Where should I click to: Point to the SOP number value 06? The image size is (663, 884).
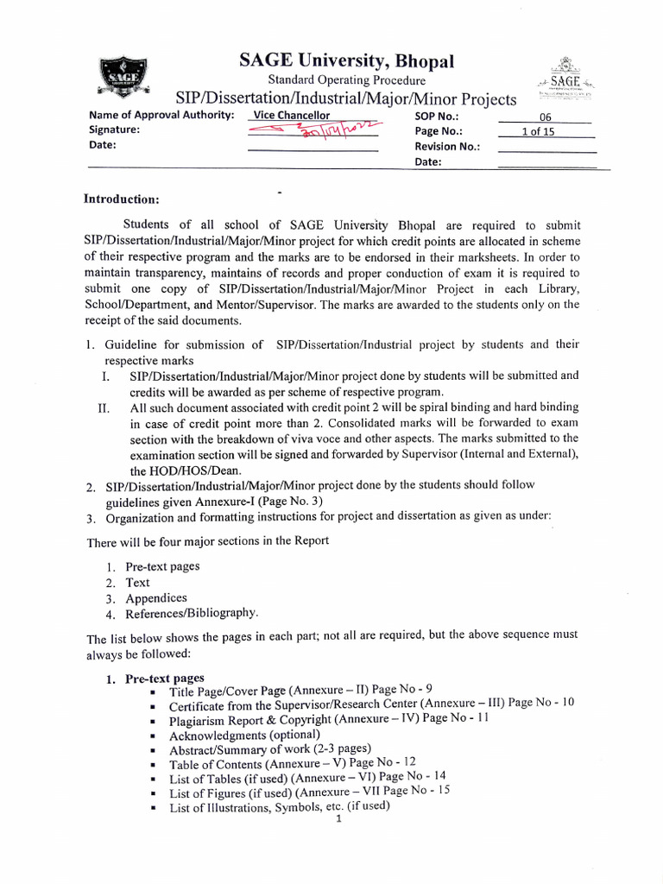(545, 117)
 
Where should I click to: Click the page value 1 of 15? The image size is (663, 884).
(544, 131)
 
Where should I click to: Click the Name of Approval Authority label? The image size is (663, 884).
(161, 116)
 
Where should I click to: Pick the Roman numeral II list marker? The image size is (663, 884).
(104, 408)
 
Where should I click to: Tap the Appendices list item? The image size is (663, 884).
(156, 597)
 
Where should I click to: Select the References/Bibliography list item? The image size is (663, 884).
(192, 613)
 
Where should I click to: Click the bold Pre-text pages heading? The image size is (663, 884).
(165, 679)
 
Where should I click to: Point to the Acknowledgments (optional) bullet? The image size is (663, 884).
(237, 736)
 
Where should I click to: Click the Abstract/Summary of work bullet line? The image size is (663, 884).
(269, 749)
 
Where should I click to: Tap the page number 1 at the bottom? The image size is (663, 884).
(339, 820)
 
